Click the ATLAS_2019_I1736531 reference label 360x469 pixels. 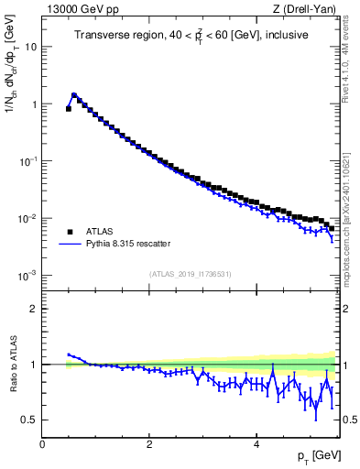coord(191,274)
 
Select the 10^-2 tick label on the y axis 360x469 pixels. coord(28,218)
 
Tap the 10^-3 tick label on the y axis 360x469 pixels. coord(28,276)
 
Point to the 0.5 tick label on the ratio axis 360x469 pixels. coord(30,420)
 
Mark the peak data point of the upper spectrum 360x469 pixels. coord(74,94)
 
